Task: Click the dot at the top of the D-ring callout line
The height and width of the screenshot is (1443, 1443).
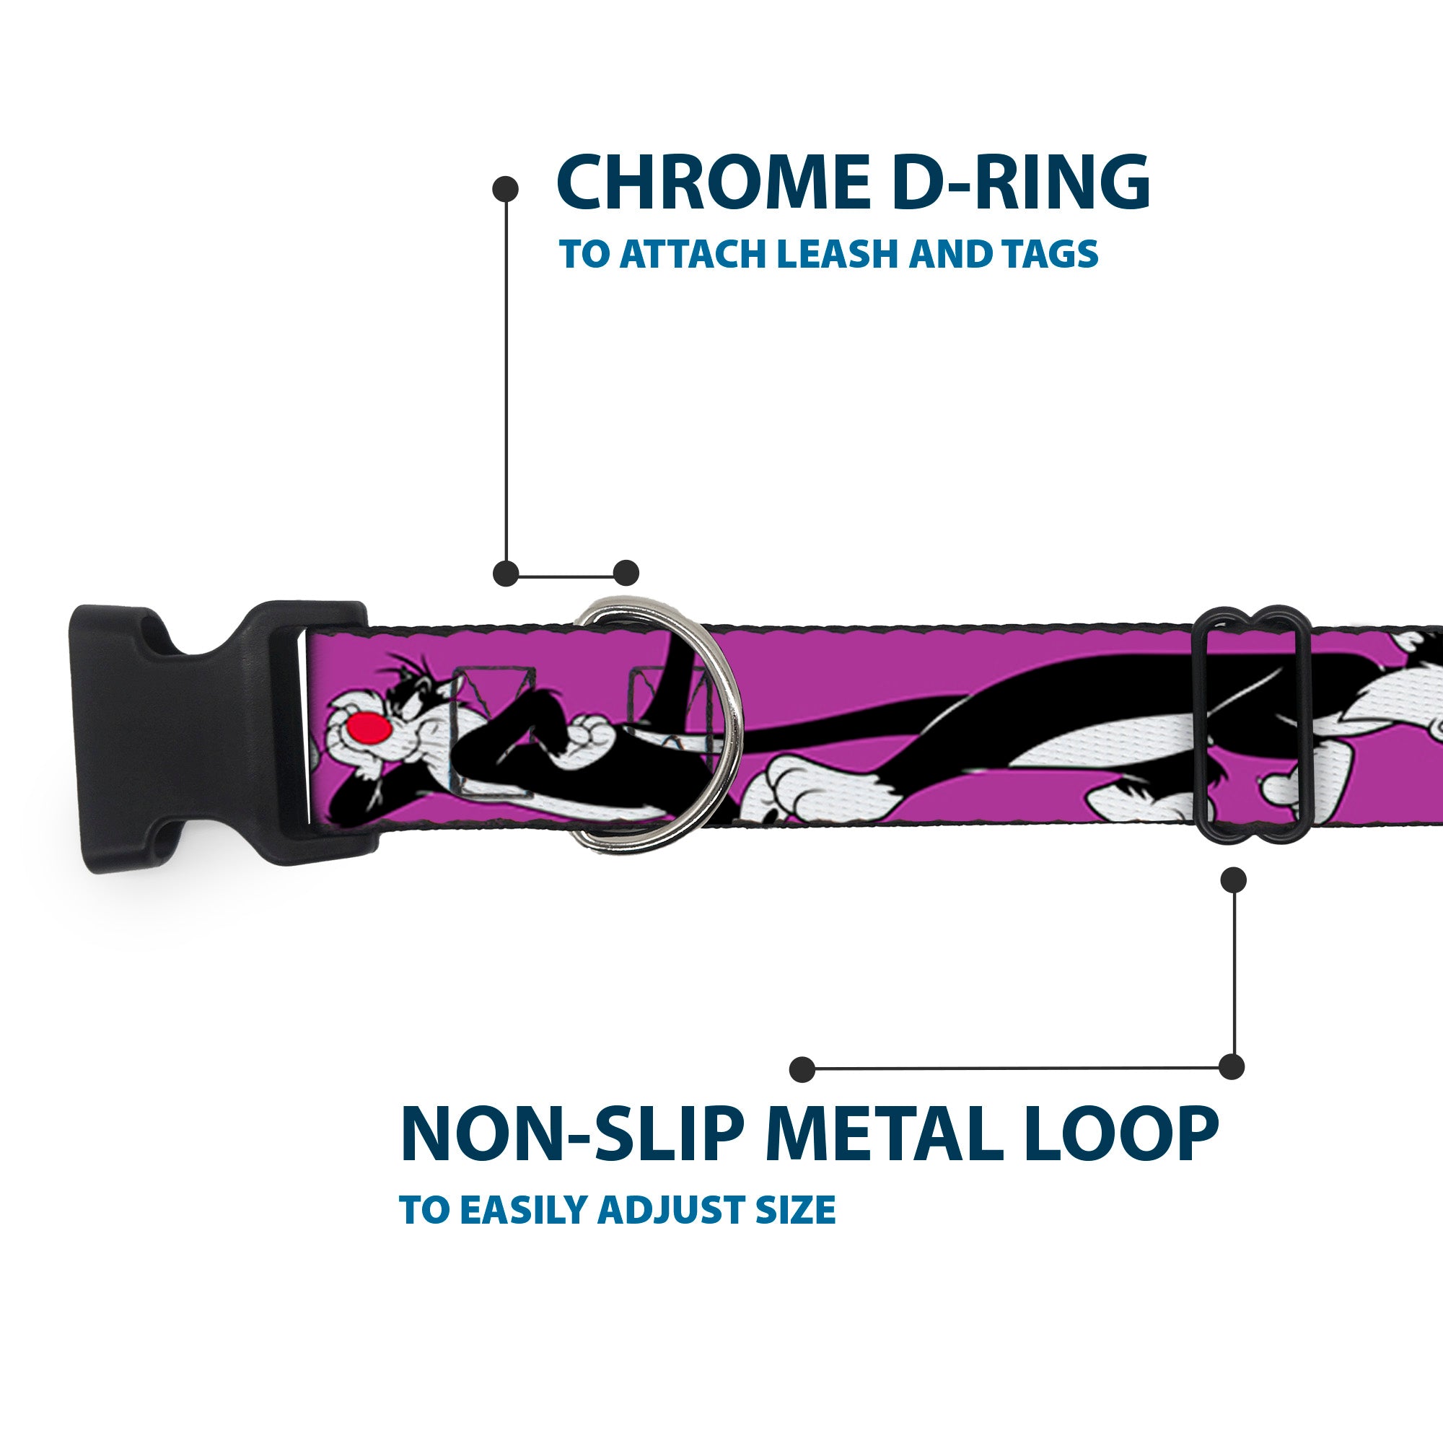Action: tap(506, 189)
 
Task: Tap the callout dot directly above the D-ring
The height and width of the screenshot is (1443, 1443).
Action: tap(626, 573)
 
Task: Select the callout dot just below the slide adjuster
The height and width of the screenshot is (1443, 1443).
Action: tap(1233, 880)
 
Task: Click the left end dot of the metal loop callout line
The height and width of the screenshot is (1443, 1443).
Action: tap(802, 1069)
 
